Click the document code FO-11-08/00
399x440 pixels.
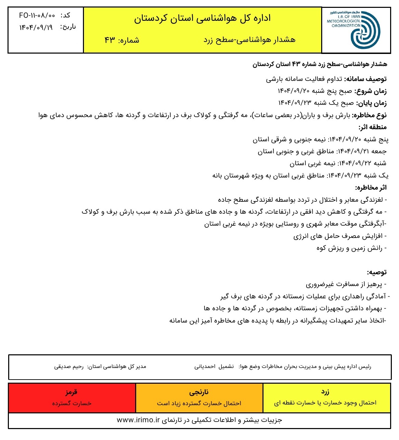pyautogui.click(x=37, y=16)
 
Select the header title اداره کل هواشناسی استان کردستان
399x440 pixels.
pyautogui.click(x=202, y=18)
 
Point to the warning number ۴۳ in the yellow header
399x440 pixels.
pyautogui.click(x=110, y=40)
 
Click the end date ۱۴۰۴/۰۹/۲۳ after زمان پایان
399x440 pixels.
pyautogui.click(x=294, y=103)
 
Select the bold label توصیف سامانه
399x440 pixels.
pyautogui.click(x=365, y=79)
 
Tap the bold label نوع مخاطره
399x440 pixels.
pyautogui.click(x=369, y=115)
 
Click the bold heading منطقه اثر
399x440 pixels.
pyautogui.click(x=372, y=127)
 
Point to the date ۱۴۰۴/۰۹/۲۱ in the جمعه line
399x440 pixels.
pyautogui.click(x=353, y=151)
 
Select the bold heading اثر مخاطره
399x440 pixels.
pyautogui.click(x=371, y=188)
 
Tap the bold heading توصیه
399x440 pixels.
pyautogui.click(x=377, y=272)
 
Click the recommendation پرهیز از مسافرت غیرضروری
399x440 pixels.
pyautogui.click(x=345, y=284)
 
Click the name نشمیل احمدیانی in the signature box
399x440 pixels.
pyautogui.click(x=214, y=367)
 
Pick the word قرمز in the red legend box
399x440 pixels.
pyautogui.click(x=71, y=392)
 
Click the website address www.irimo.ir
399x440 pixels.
pyautogui.click(x=138, y=420)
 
